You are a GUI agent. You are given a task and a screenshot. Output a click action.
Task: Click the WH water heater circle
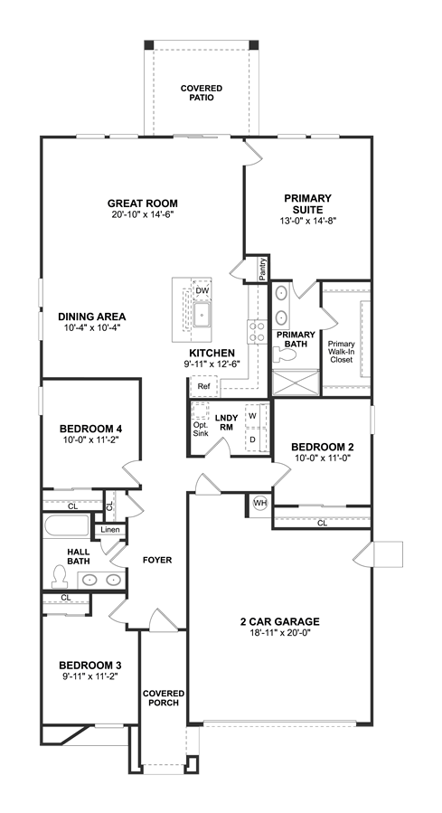click(x=259, y=503)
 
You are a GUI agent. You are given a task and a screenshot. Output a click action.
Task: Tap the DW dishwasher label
click(x=202, y=291)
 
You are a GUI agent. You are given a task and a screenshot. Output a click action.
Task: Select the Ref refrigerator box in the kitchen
click(x=203, y=386)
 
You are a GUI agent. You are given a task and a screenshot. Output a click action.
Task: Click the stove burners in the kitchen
click(x=258, y=332)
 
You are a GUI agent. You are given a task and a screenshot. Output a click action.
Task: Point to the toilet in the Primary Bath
click(x=284, y=355)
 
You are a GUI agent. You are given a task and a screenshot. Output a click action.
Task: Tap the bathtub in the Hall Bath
click(x=67, y=525)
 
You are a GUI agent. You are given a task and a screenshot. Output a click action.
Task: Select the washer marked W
click(x=253, y=416)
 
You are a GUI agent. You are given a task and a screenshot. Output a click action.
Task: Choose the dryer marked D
click(x=253, y=440)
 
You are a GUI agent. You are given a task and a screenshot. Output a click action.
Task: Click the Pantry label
click(x=264, y=269)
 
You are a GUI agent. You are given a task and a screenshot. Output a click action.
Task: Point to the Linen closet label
click(x=110, y=530)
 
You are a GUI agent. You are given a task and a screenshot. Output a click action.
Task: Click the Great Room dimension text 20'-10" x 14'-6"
click(x=142, y=213)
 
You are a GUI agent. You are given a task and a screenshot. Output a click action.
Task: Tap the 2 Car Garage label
click(x=279, y=621)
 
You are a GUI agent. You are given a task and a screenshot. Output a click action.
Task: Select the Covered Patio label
click(x=202, y=93)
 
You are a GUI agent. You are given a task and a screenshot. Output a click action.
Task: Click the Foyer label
click(x=157, y=560)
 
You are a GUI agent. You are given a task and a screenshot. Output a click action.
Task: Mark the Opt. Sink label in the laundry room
click(x=201, y=429)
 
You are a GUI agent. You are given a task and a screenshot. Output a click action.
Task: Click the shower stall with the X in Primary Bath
click(x=296, y=383)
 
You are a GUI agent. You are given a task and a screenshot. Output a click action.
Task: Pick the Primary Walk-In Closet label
click(x=341, y=352)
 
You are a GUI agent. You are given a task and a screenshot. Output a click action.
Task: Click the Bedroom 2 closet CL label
click(x=323, y=524)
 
